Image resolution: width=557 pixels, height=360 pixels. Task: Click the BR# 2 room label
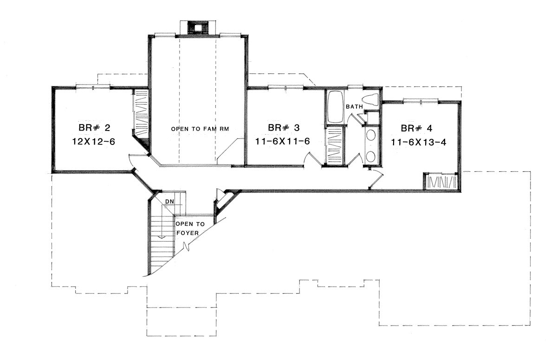tap(94, 128)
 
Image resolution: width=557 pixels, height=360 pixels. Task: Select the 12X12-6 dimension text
tap(94, 142)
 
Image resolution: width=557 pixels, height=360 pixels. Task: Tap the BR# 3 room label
tap(284, 128)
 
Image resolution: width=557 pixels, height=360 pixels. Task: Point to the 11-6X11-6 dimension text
tap(283, 141)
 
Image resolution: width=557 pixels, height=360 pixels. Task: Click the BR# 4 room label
tap(416, 128)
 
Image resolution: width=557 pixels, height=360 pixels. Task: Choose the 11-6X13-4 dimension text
tap(419, 142)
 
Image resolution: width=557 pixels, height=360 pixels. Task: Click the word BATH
tap(354, 107)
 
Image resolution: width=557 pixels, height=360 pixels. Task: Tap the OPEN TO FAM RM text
tap(200, 129)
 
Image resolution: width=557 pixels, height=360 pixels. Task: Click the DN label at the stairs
tap(169, 201)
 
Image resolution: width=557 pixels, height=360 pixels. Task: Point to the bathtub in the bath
tap(335, 107)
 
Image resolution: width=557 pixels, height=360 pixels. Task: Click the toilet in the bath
tap(371, 100)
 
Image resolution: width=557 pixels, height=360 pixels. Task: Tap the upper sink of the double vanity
tap(371, 136)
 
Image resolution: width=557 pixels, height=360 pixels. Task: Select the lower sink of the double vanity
tap(371, 157)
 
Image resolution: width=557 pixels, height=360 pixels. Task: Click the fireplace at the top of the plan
tap(198, 27)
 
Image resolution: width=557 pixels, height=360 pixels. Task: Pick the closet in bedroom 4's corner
tap(441, 181)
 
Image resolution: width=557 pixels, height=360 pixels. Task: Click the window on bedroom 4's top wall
tap(421, 100)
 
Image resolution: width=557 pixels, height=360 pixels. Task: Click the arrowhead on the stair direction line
tap(162, 237)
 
